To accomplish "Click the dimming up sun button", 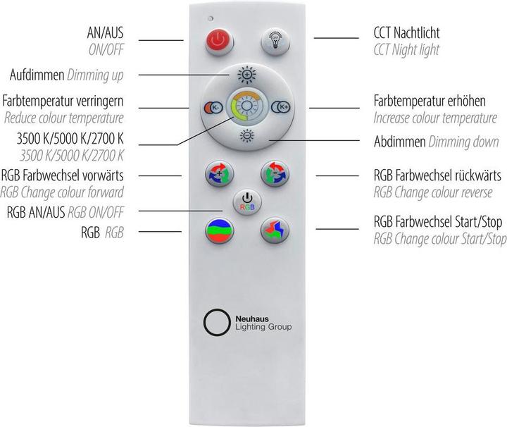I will click(245, 74).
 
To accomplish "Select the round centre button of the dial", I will click(246, 107).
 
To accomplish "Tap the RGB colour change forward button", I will click(217, 173).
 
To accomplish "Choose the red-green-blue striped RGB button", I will click(217, 230).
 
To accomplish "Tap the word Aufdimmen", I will click(37, 75).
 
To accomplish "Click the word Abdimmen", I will click(399, 142).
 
